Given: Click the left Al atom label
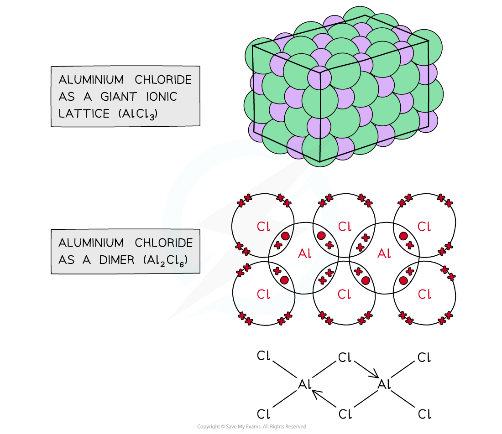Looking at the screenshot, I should [305, 253].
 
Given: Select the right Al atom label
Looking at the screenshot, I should [384, 253].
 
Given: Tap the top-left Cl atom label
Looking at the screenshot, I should [263, 227].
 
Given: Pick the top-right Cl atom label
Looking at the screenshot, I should [424, 227].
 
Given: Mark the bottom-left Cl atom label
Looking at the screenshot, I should [263, 294].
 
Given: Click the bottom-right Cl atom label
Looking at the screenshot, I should [424, 294].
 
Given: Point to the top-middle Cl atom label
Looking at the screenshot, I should [345, 227].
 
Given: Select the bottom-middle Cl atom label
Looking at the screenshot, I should [345, 294].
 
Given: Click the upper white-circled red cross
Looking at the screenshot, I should [366, 237].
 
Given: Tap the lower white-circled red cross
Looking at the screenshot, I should [322, 281].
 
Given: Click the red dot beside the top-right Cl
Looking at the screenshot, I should [403, 236].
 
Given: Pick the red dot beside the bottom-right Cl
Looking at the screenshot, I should [403, 280].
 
